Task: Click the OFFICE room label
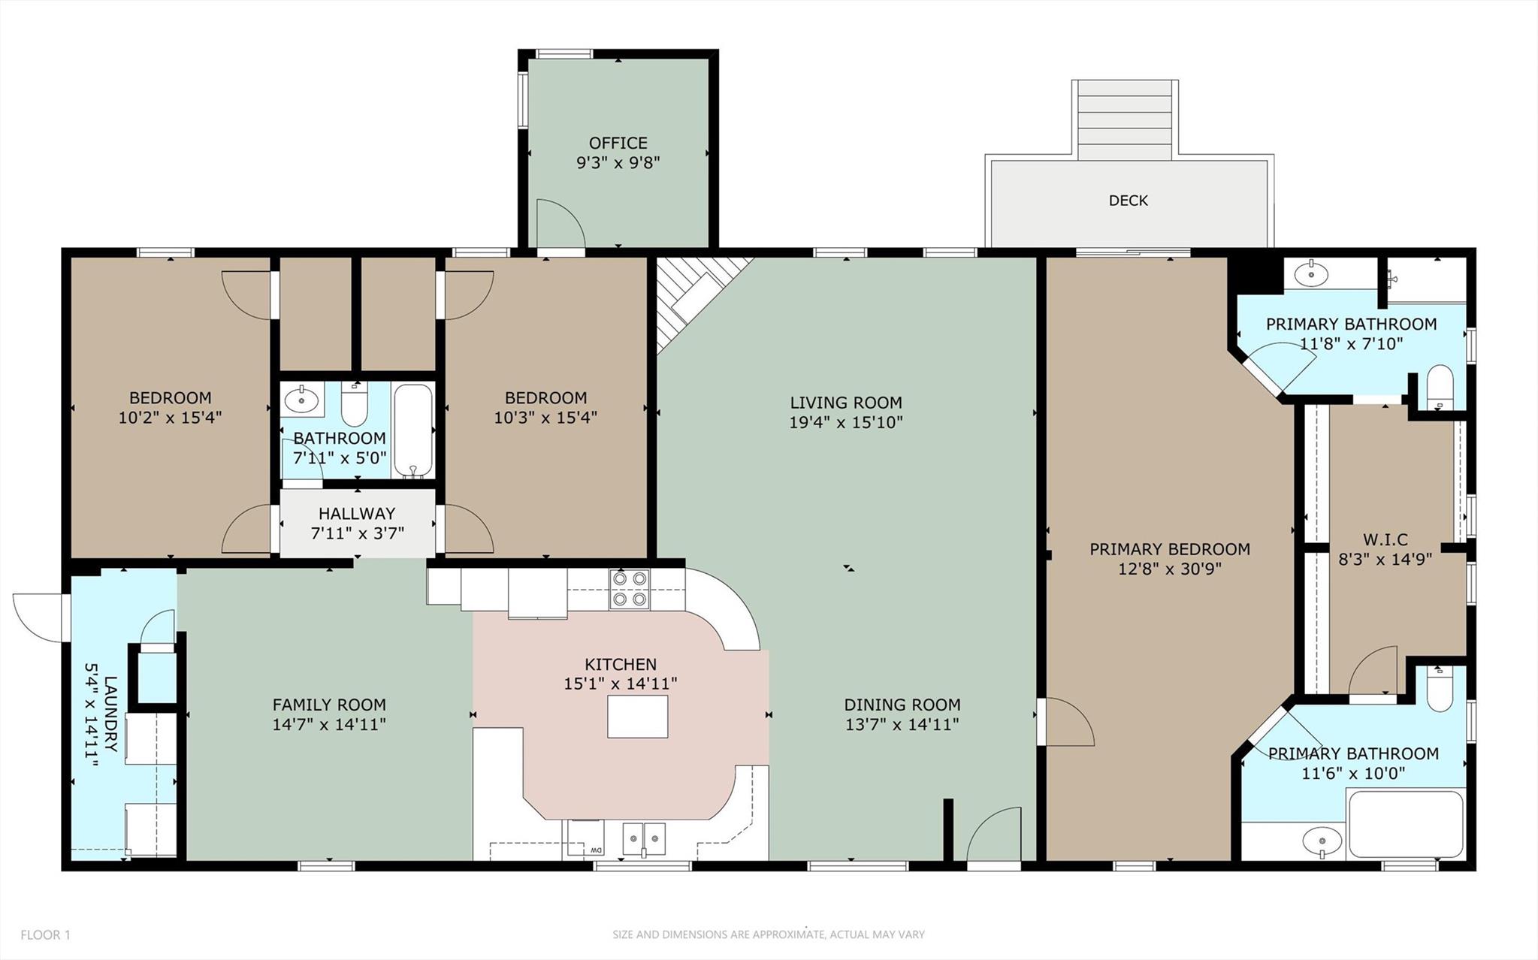[618, 143]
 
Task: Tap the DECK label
[1128, 201]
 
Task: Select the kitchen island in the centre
[637, 717]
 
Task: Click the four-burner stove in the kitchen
[630, 589]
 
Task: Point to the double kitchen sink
[644, 838]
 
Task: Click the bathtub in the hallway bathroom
[412, 431]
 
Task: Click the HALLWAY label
[356, 514]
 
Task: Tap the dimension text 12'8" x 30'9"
[1169, 569]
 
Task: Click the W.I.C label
[1385, 539]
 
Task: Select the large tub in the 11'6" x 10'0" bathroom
[1405, 823]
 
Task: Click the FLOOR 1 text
[45, 934]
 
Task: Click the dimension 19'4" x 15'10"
[845, 422]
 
